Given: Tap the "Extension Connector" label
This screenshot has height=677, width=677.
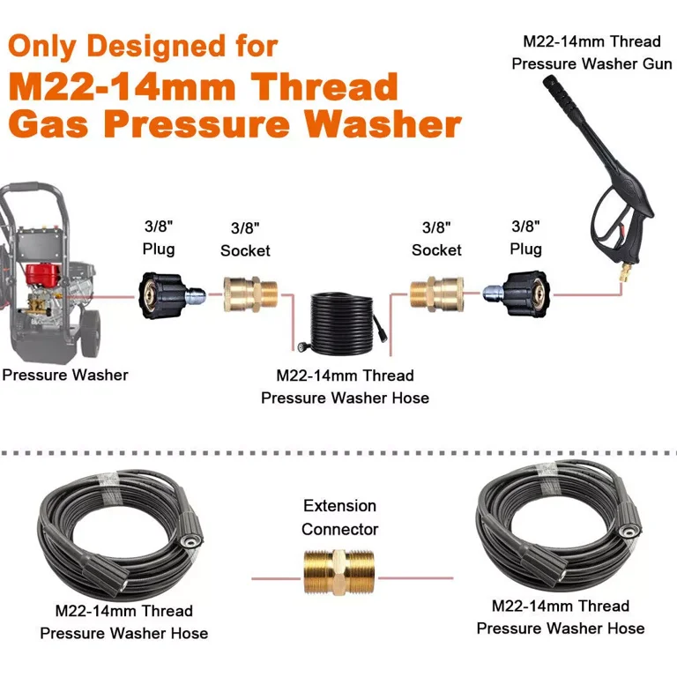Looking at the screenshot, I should click(x=339, y=517).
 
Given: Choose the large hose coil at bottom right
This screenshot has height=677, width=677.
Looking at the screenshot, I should click(x=556, y=534).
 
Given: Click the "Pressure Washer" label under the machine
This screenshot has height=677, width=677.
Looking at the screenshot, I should click(x=64, y=376).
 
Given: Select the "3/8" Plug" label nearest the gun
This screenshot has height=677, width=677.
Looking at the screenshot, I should click(x=528, y=239).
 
